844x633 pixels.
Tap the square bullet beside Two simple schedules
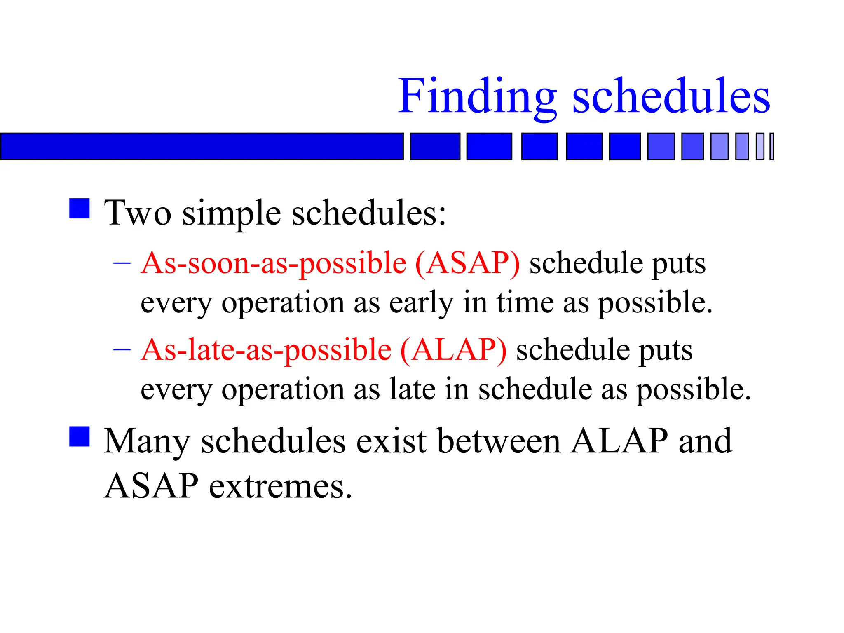pyautogui.click(x=80, y=209)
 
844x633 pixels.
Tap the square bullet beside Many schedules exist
pyautogui.click(x=80, y=436)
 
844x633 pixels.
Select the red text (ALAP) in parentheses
pyautogui.click(x=453, y=350)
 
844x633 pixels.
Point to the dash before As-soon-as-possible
pyautogui.click(x=122, y=263)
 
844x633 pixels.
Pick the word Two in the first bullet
pyautogui.click(x=137, y=213)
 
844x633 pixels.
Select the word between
pyautogui.click(x=499, y=441)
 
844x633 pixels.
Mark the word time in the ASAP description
pyautogui.click(x=525, y=303)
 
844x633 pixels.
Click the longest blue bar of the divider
pyautogui.click(x=202, y=146)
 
